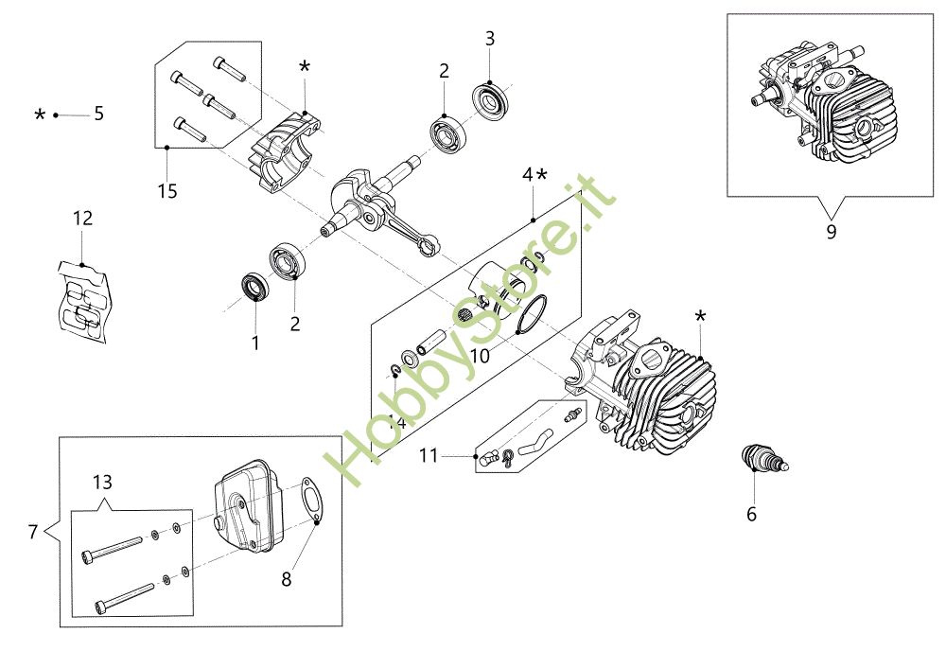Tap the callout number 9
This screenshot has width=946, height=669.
(x=832, y=231)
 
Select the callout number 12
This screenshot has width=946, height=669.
(x=82, y=218)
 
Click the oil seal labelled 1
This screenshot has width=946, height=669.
(x=255, y=287)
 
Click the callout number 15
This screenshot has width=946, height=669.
(x=167, y=190)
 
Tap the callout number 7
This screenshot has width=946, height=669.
(x=33, y=532)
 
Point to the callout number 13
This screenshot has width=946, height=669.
(x=102, y=482)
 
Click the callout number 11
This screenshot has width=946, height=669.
(x=429, y=455)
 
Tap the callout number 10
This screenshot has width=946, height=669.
(x=480, y=356)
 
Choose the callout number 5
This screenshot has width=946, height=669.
(x=99, y=114)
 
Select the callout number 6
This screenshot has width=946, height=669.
(x=752, y=514)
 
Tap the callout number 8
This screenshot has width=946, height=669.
(x=286, y=579)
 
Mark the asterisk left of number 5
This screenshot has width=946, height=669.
(x=40, y=114)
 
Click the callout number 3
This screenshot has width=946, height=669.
(x=490, y=39)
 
